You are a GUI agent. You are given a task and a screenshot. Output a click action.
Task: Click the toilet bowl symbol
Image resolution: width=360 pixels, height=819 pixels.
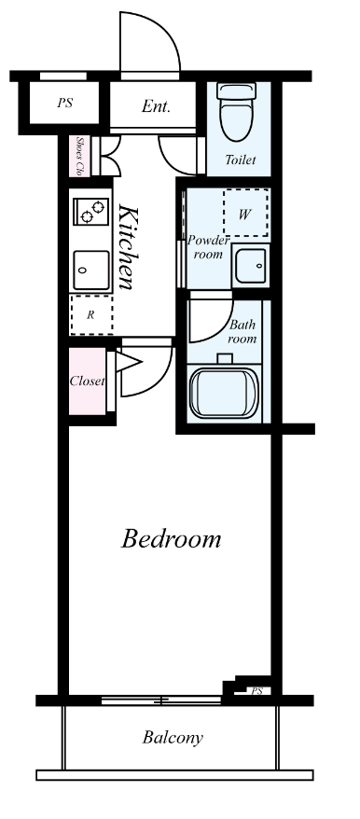pos(236,111)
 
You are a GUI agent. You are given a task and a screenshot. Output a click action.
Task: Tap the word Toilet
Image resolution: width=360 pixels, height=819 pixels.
pos(241,160)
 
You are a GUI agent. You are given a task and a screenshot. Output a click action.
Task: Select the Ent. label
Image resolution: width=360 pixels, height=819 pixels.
pos(156,106)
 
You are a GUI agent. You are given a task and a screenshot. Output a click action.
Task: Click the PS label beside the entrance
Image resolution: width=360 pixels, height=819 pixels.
pos(64,103)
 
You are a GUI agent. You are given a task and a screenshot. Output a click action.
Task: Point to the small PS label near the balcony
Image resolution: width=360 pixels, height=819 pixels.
pos(256,691)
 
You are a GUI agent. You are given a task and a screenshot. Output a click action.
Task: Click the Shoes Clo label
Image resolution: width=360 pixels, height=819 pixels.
pos(80,156)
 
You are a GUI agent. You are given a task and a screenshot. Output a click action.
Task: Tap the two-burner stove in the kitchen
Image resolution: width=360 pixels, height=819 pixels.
pos(90,211)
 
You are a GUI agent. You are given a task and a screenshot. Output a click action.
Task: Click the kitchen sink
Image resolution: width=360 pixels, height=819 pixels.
pos(91,270)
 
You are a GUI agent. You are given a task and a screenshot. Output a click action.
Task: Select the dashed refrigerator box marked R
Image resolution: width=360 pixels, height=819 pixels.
pos(91,315)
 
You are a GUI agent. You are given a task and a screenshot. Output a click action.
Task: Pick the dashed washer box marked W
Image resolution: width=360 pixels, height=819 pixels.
pos(245,213)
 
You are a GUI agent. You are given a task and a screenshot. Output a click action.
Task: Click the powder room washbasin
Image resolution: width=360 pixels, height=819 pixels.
pos(251,265)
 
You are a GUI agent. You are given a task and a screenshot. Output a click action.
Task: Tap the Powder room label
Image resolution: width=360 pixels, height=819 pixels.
pos(208,247)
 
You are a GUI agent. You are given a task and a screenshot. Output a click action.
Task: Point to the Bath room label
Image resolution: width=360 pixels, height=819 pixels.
pos(243,331)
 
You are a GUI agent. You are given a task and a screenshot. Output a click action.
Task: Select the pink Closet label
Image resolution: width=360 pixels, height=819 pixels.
pos(88,382)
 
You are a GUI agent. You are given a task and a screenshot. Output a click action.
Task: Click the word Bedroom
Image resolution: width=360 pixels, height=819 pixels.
pos(172,538)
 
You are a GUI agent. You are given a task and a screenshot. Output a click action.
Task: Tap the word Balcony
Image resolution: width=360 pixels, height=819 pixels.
pos(173,738)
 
